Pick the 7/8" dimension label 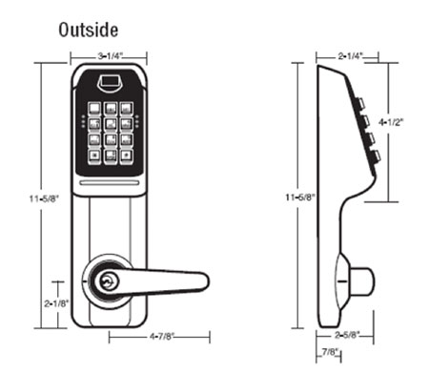(x=329, y=353)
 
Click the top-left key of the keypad (x=96, y=108)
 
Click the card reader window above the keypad (x=112, y=83)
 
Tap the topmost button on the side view (x=363, y=103)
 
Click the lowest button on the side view (x=375, y=155)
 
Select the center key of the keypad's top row (x=112, y=108)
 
